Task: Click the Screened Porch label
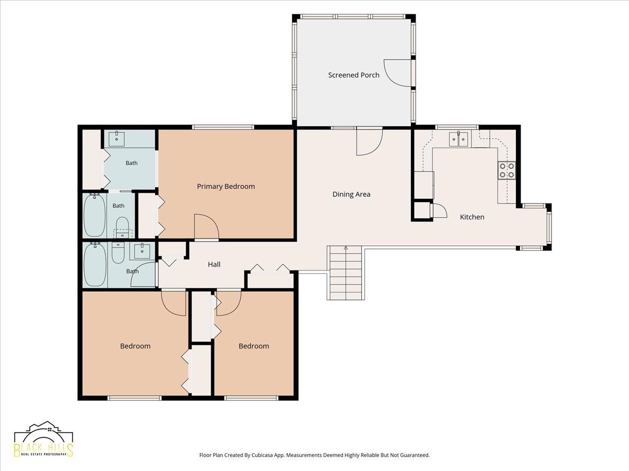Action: [354, 75]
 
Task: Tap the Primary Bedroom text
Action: [226, 186]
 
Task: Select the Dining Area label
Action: [351, 194]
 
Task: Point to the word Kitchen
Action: [472, 217]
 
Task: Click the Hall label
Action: [214, 264]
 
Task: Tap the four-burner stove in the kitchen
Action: [507, 171]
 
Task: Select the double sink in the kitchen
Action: [459, 139]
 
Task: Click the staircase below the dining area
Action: [346, 273]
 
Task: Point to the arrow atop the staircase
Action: [346, 248]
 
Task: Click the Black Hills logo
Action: [44, 439]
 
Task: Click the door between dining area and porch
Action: [369, 141]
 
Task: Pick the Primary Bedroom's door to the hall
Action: [207, 227]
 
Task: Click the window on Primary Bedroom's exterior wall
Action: [223, 127]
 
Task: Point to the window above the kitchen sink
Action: [457, 127]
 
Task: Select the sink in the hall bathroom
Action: [143, 251]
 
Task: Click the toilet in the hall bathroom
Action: [118, 253]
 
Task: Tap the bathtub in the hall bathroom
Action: [95, 264]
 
